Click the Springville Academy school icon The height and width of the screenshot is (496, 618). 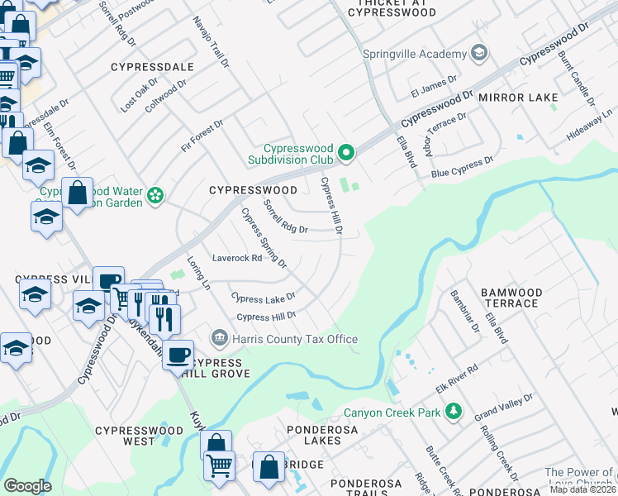[478, 54]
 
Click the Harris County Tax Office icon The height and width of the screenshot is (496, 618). [220, 338]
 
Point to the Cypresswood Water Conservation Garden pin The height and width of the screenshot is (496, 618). [154, 196]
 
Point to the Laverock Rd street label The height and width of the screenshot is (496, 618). [237, 258]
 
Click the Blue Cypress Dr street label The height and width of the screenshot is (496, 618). [462, 167]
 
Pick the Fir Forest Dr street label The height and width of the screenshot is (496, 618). [202, 136]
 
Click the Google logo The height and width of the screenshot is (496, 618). [27, 486]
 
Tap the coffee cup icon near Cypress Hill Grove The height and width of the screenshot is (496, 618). [178, 354]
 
